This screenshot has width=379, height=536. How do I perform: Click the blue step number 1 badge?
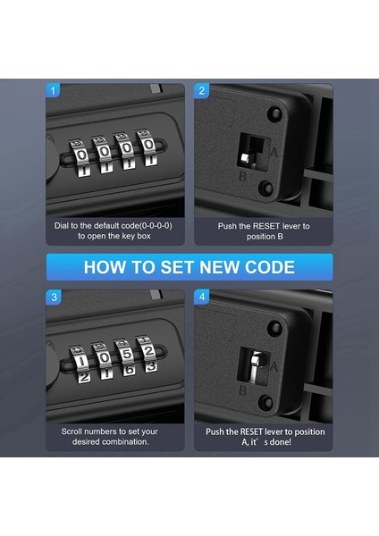pyautogui.click(x=53, y=90)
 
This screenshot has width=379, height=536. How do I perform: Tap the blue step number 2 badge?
pyautogui.click(x=201, y=90)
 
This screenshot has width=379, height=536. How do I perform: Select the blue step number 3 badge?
pyautogui.click(x=54, y=297)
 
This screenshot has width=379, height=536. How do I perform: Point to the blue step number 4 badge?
pyautogui.click(x=202, y=297)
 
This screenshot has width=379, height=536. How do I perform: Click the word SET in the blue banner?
pyautogui.click(x=178, y=267)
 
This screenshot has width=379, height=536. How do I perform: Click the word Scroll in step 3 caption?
pyautogui.click(x=72, y=431)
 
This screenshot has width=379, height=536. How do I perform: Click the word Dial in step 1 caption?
pyautogui.click(x=62, y=226)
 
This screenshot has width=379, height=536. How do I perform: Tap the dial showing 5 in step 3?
pyautogui.click(x=127, y=360)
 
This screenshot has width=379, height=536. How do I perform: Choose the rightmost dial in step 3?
pyautogui.click(x=147, y=355)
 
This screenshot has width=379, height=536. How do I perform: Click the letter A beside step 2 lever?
pyautogui.click(x=274, y=152)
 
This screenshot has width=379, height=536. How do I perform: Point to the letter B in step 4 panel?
pyautogui.click(x=242, y=390)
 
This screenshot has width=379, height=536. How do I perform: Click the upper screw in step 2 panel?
pyautogui.click(x=274, y=113)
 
